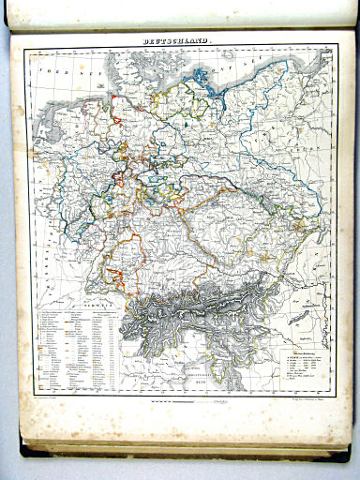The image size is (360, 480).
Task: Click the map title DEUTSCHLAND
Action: point(176,42)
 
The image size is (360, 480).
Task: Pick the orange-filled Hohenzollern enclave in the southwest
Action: point(117,274)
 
